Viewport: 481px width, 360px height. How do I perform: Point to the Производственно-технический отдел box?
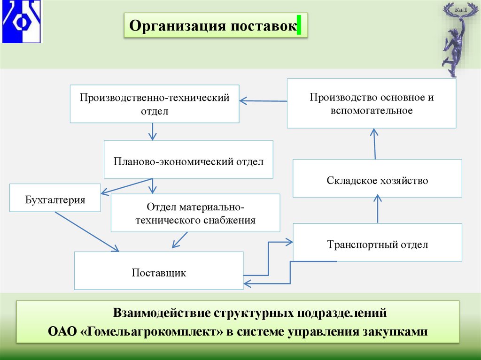[x=154, y=104]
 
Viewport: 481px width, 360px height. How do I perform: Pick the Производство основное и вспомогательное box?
[x=371, y=103]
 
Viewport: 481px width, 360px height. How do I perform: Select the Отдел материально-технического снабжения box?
[x=195, y=213]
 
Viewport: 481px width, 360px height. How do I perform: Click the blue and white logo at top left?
[x=22, y=22]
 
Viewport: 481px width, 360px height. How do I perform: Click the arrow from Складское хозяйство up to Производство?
[x=375, y=144]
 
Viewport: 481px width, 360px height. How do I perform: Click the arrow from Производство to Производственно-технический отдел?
[x=263, y=100]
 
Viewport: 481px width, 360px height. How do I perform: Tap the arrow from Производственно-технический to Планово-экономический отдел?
[x=152, y=131]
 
